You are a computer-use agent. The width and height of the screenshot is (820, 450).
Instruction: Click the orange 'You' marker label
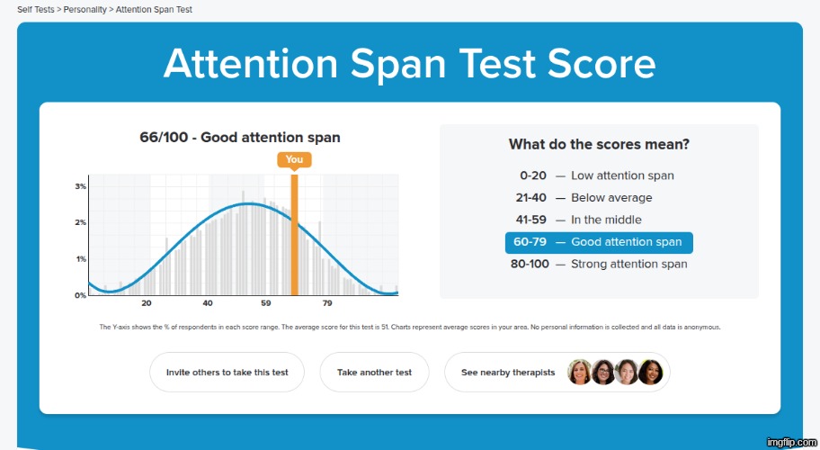[294, 160]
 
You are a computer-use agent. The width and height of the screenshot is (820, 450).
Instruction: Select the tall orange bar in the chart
[294, 234]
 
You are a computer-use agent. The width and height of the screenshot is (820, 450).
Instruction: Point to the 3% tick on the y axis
[80, 186]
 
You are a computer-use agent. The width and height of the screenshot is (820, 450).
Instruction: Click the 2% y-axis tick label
[80, 222]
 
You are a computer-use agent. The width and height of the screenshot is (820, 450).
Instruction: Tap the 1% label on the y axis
[80, 259]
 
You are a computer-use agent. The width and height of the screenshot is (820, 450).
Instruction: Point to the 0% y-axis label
[80, 295]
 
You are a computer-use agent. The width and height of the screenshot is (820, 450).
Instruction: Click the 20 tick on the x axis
[147, 303]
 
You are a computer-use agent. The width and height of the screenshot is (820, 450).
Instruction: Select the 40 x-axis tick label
[208, 303]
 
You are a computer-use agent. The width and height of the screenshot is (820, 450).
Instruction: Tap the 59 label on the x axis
[266, 303]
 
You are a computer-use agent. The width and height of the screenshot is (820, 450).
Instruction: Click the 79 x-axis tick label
[327, 303]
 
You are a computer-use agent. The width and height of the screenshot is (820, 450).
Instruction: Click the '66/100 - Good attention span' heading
[240, 138]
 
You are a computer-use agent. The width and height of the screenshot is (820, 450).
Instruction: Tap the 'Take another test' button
[374, 373]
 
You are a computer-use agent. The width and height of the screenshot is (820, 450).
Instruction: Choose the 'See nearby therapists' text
[509, 373]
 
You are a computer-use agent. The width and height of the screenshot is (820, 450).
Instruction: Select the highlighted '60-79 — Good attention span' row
[599, 242]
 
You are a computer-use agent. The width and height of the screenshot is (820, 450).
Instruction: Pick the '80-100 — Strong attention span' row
[599, 264]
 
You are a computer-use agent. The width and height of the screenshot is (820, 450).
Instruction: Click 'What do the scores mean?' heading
[599, 144]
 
